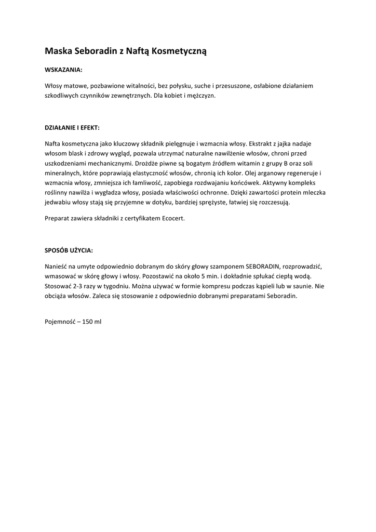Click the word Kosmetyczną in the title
179,51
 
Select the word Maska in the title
57,51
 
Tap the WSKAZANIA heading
63,69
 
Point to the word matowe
74,86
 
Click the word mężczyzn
200,96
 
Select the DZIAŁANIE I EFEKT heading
72,127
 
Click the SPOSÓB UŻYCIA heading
69,250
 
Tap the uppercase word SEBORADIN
262,266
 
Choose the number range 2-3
78,286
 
